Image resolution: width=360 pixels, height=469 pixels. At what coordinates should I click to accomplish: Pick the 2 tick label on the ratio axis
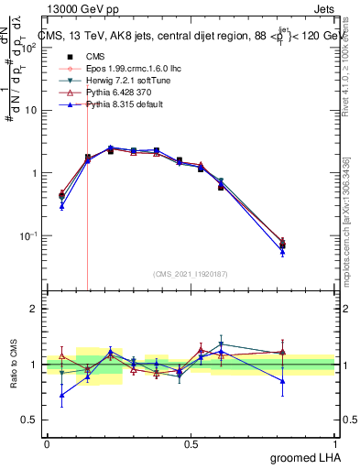click(34, 309)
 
